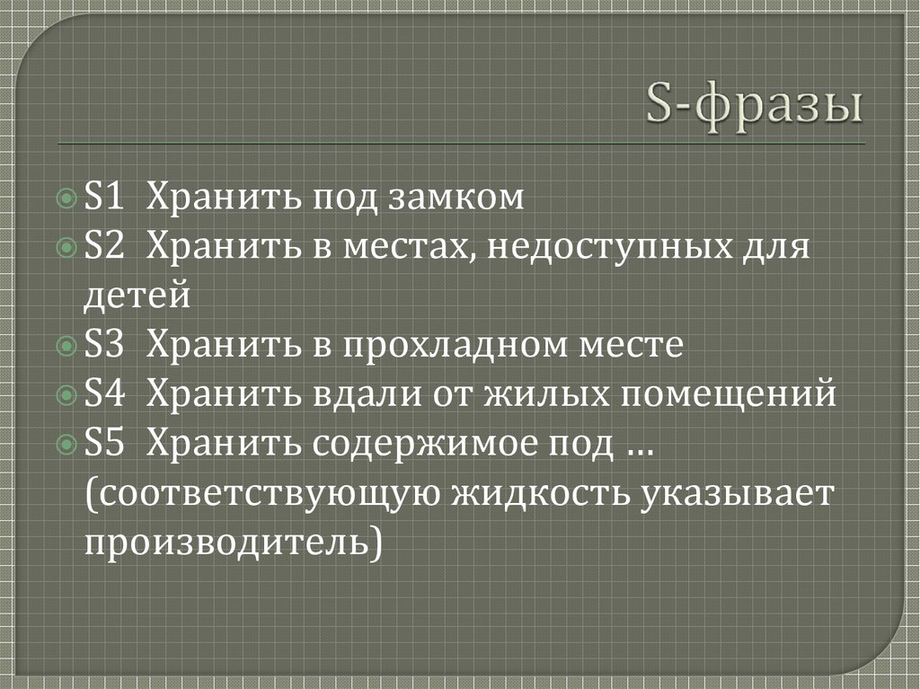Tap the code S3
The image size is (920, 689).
coord(105,345)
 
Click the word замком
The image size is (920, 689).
coord(456,197)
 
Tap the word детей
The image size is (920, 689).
coord(137,296)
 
